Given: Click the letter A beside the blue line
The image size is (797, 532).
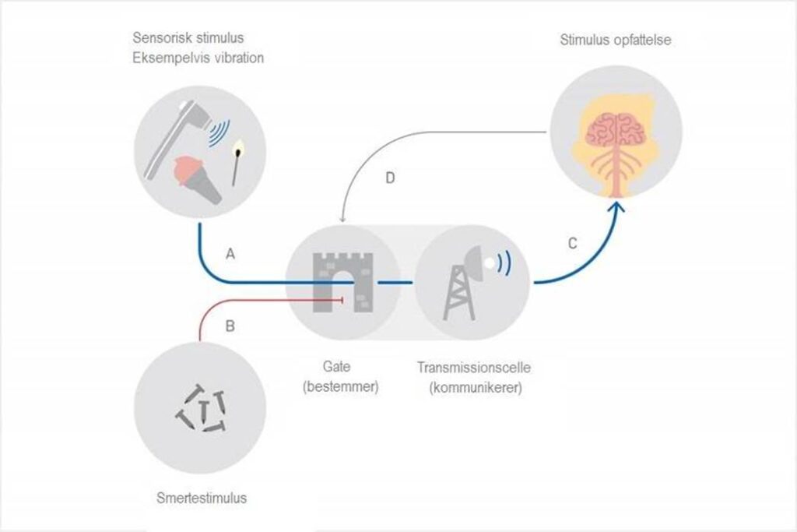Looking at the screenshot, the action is pyautogui.click(x=230, y=254).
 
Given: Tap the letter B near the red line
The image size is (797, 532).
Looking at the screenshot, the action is pyautogui.click(x=230, y=326).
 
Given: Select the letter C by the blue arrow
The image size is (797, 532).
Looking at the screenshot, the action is pyautogui.click(x=572, y=244).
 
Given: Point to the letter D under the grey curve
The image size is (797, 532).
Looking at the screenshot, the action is pyautogui.click(x=390, y=178).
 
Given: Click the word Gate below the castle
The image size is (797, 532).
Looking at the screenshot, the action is pyautogui.click(x=336, y=367).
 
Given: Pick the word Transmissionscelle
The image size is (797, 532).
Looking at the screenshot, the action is pyautogui.click(x=474, y=367).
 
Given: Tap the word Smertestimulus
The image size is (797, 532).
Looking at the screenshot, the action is pyautogui.click(x=202, y=498).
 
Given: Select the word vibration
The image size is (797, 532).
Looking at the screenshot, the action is pyautogui.click(x=235, y=58).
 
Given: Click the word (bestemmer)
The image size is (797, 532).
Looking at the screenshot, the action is pyautogui.click(x=341, y=386).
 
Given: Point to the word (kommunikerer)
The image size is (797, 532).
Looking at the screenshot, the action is pyautogui.click(x=476, y=388).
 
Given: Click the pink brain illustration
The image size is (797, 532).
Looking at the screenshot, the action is pyautogui.click(x=616, y=130).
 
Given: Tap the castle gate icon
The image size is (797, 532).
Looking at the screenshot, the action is pyautogui.click(x=342, y=282).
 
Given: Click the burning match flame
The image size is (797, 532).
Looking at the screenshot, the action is pyautogui.click(x=237, y=150).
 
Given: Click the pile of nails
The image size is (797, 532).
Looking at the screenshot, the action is pyautogui.click(x=201, y=410).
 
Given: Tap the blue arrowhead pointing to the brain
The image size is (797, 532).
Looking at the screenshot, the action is pyautogui.click(x=617, y=208).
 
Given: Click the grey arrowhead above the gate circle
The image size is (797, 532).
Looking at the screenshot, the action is pyautogui.click(x=343, y=219).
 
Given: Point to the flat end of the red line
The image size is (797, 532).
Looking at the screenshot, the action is pyautogui.click(x=342, y=301).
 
